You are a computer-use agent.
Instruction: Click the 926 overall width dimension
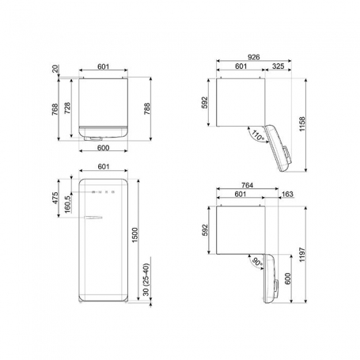click(254, 57)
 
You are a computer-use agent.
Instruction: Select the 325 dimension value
click(278, 66)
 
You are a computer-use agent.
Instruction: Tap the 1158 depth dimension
click(302, 124)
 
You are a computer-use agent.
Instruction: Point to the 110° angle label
click(257, 135)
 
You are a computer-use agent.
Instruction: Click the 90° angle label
click(257, 262)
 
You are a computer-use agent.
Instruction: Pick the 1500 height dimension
click(135, 235)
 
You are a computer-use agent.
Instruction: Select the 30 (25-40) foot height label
click(146, 279)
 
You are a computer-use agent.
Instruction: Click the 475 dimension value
click(55, 198)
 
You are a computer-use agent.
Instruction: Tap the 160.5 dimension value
click(67, 204)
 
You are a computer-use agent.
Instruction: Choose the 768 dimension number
click(55, 109)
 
